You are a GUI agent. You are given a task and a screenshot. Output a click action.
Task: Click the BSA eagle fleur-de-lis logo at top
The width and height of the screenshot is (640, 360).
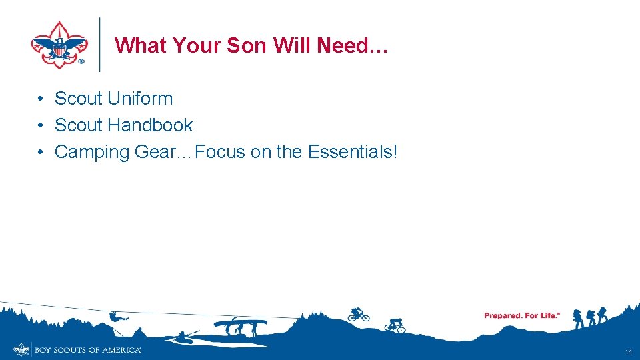point(59,44)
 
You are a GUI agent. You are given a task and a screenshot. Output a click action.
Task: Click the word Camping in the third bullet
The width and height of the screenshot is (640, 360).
point(92,152)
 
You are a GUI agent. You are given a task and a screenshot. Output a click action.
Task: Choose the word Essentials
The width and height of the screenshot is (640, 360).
point(352,152)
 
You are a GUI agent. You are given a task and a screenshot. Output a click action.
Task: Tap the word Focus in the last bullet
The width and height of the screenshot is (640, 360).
point(221,152)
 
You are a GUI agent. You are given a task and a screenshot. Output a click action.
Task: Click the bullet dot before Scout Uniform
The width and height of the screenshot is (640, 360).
point(41,99)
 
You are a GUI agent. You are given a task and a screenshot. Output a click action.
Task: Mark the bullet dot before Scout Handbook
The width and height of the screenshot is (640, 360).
point(41,125)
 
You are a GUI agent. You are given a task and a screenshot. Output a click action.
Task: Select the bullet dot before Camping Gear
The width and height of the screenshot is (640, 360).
point(41,152)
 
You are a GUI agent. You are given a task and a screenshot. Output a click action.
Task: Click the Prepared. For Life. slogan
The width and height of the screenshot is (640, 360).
point(521,315)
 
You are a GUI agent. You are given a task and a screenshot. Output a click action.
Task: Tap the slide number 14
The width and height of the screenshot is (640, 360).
point(628,351)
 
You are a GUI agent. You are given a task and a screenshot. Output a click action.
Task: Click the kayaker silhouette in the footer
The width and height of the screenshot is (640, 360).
point(181,335)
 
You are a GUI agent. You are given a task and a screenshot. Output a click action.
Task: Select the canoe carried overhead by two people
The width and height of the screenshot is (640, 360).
point(240,323)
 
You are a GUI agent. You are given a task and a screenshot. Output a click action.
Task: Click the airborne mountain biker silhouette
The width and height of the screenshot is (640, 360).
point(358,314)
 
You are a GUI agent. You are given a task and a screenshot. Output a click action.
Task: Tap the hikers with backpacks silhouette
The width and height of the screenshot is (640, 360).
point(591,317)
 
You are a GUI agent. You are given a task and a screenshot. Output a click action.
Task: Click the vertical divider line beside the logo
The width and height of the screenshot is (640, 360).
point(99,44)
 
